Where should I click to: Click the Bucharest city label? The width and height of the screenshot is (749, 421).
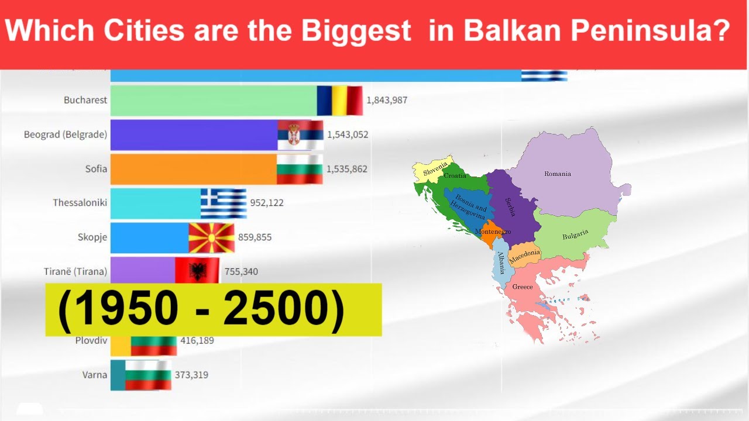(85, 100)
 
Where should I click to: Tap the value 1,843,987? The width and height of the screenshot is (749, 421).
(387, 100)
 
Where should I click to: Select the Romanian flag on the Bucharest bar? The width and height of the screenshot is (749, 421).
(340, 101)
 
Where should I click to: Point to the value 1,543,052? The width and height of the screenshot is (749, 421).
(348, 134)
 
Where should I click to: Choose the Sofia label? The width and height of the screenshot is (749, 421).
(96, 169)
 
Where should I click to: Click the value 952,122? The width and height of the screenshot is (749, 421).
(267, 203)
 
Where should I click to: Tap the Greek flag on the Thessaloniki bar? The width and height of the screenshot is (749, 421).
(224, 203)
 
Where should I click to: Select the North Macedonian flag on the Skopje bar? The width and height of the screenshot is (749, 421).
(211, 237)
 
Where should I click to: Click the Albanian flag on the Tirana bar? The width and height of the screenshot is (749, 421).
(197, 271)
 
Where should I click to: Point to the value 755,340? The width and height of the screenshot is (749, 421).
(241, 271)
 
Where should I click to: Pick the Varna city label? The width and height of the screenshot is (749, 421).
(95, 375)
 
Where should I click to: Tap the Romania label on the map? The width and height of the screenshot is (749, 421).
(557, 174)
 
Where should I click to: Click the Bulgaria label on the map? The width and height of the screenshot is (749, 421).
(575, 236)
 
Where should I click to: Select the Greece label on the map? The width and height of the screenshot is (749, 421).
(523, 287)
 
